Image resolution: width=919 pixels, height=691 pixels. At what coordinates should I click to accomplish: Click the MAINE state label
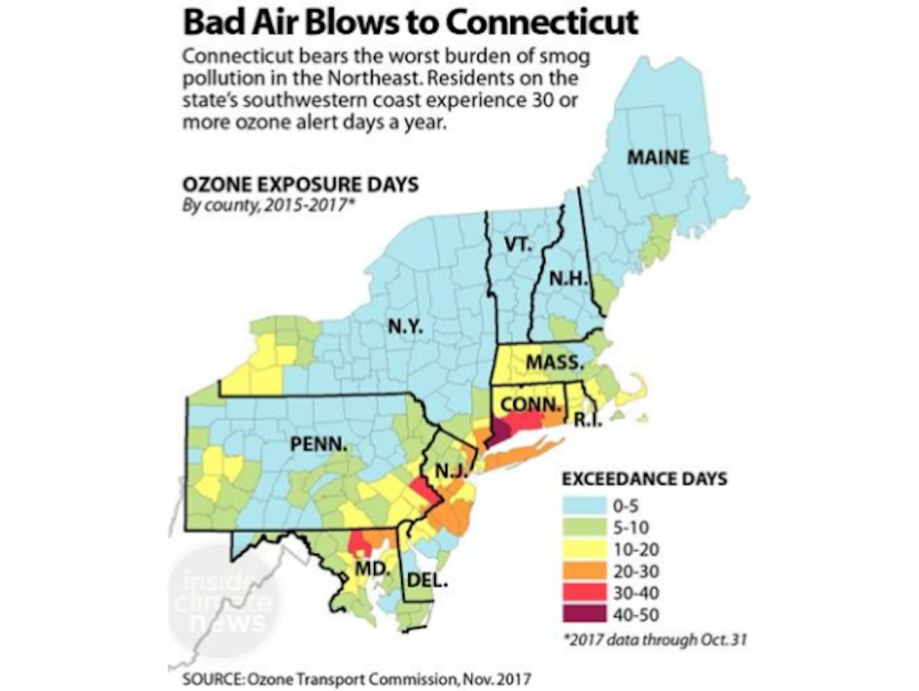click(x=658, y=159)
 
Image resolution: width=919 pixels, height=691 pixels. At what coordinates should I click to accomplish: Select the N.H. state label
click(x=567, y=280)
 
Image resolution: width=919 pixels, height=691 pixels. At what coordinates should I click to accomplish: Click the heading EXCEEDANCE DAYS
click(x=644, y=480)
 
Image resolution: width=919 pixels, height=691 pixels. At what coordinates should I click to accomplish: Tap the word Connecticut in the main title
click(x=541, y=22)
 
